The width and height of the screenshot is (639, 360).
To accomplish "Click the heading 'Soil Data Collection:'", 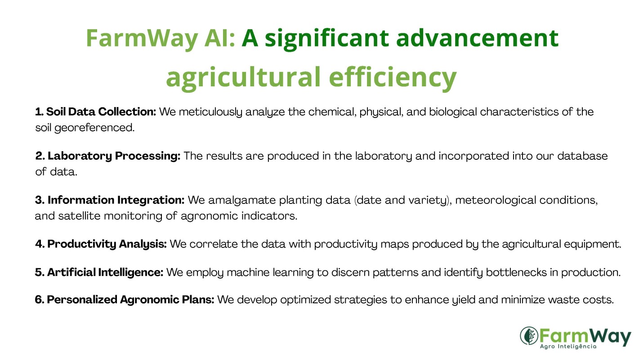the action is click(x=96, y=112).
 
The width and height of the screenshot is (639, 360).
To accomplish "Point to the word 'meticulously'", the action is click(x=210, y=112).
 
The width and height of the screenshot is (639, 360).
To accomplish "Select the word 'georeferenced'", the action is click(x=94, y=128).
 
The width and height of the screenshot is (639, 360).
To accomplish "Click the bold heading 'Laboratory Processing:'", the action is click(x=108, y=156).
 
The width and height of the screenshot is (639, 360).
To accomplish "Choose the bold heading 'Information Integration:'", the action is click(x=110, y=200).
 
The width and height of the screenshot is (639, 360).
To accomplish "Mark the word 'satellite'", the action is click(x=79, y=216).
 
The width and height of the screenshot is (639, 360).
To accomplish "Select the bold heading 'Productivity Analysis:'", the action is click(x=101, y=244).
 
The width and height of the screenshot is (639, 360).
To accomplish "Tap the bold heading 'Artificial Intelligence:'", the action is click(x=99, y=273).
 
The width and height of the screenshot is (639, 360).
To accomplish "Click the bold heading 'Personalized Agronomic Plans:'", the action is click(x=125, y=300).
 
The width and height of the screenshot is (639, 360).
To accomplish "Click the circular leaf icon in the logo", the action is click(x=529, y=336).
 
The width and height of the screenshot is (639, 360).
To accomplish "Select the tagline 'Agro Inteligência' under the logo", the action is click(x=568, y=346).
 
